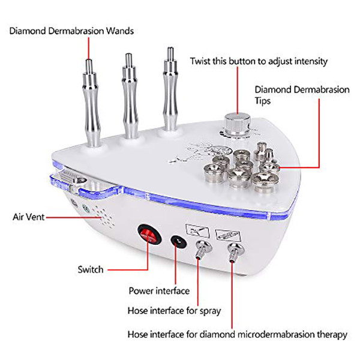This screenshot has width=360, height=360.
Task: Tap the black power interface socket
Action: pyautogui.click(x=178, y=241)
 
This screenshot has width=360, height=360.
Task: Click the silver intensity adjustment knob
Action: pyautogui.click(x=235, y=122)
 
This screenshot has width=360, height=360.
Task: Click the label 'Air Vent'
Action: pyautogui.click(x=28, y=217)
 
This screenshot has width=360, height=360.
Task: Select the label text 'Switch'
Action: pyautogui.click(x=90, y=269)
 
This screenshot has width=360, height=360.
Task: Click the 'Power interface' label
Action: pyautogui.click(x=159, y=291)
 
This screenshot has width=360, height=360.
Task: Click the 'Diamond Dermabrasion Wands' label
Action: pyautogui.click(x=71, y=31)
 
